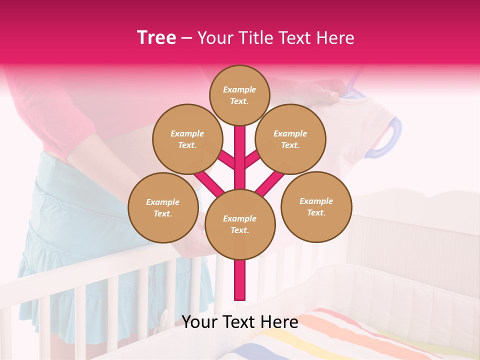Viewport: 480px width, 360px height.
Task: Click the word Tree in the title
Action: tap(156, 38)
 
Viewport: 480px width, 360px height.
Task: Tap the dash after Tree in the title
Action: tap(186, 38)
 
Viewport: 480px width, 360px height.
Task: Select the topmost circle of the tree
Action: tap(239, 95)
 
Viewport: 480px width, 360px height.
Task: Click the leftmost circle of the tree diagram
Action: tap(163, 207)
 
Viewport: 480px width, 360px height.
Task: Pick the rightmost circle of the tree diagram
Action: tap(316, 206)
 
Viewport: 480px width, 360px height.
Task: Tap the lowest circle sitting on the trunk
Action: tap(240, 224)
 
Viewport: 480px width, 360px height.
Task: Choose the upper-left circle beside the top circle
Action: tap(187, 139)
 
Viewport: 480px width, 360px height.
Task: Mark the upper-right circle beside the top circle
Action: tap(290, 139)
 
